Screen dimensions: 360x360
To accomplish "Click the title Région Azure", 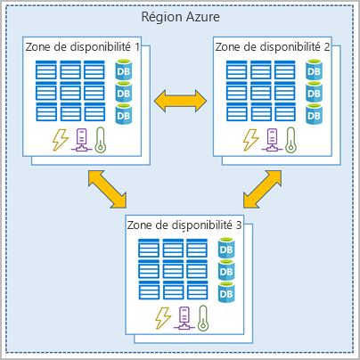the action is click(180, 17).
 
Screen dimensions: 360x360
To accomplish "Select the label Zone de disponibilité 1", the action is click(83, 47).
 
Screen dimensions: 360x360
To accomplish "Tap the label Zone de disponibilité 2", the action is click(273, 47).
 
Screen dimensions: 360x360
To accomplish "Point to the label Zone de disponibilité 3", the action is click(184, 225).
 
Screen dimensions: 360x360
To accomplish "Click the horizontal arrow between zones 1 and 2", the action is click(180, 101).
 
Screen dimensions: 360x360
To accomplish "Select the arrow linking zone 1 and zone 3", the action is click(107, 189).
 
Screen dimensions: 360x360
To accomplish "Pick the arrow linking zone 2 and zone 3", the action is click(262, 189).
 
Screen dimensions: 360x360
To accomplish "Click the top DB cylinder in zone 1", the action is click(124, 70).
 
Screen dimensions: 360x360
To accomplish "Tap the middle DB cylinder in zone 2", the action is click(314, 92).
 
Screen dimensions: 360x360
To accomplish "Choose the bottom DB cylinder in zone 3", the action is click(226, 292).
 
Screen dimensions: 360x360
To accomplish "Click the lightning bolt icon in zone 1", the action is click(61, 140).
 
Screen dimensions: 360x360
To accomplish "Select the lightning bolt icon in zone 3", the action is click(163, 318).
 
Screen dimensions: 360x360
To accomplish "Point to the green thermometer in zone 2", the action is click(290, 140).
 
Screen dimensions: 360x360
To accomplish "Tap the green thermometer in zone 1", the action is click(101, 140).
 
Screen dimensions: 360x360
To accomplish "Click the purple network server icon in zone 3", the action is click(184, 318).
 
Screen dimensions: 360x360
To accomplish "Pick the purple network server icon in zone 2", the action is click(272, 140).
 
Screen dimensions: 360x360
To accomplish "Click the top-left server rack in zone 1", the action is click(46, 70).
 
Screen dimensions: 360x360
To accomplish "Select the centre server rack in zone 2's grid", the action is click(261, 91).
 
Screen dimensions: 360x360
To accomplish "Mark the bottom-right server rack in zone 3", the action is click(197, 290).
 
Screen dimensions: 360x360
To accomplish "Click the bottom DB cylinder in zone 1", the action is click(124, 114).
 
